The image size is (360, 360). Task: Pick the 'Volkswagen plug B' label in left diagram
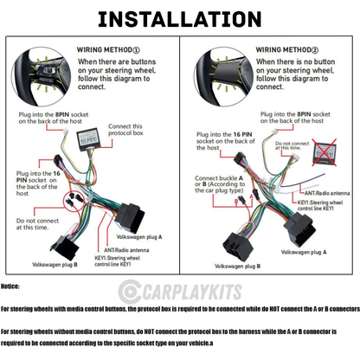(55, 264)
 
